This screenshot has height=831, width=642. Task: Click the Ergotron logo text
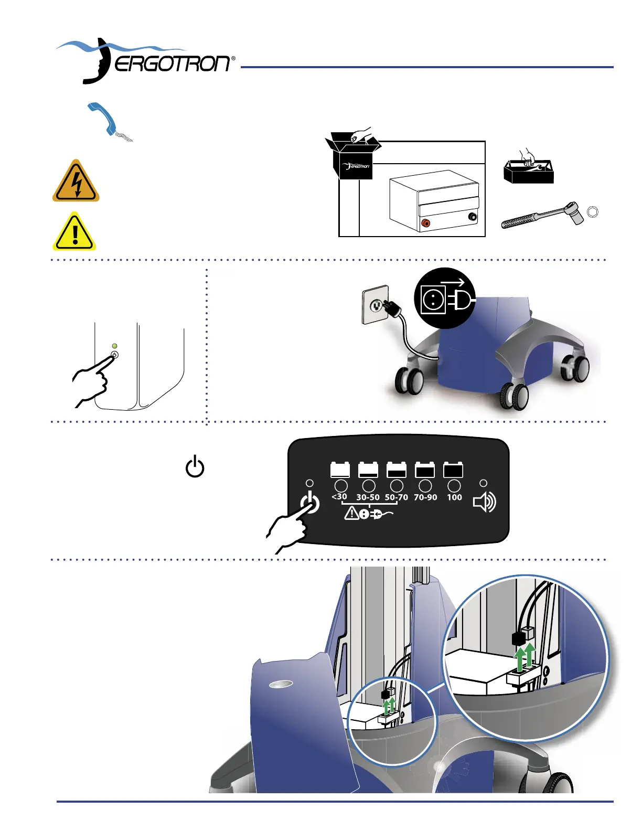click(x=172, y=64)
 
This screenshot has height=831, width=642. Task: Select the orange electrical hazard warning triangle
click(x=76, y=182)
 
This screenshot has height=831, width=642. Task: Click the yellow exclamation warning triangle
click(x=75, y=232)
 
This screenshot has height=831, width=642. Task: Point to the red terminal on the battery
click(x=426, y=223)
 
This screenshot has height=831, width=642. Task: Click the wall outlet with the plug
click(x=376, y=304)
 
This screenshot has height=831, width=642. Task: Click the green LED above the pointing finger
click(x=115, y=346)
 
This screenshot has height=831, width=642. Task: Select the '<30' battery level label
click(x=339, y=496)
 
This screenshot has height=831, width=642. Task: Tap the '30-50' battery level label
click(x=368, y=497)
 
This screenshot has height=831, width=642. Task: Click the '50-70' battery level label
click(x=396, y=497)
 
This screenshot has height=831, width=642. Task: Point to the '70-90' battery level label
click(x=425, y=497)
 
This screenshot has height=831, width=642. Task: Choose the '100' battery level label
click(x=454, y=497)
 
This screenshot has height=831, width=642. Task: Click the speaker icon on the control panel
click(x=484, y=502)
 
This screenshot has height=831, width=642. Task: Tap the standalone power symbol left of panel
click(x=195, y=466)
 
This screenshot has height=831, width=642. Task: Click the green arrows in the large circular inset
click(x=525, y=658)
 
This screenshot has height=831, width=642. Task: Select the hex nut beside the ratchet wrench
click(x=593, y=212)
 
